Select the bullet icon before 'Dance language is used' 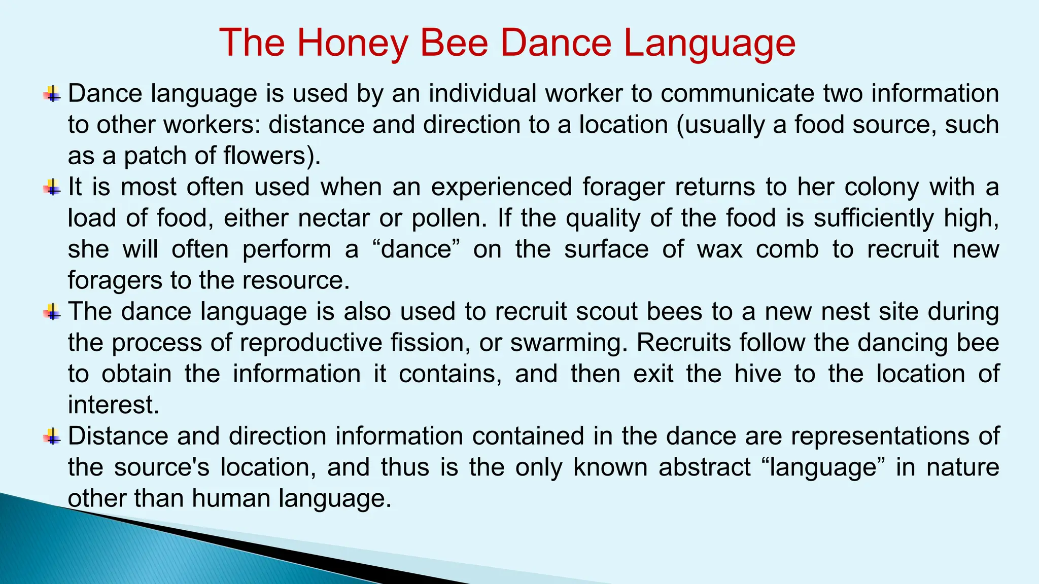coord(52,94)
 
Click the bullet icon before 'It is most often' coord(52,187)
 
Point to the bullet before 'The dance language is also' coord(52,311)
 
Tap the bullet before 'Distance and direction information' coord(52,436)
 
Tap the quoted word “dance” coord(415,249)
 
